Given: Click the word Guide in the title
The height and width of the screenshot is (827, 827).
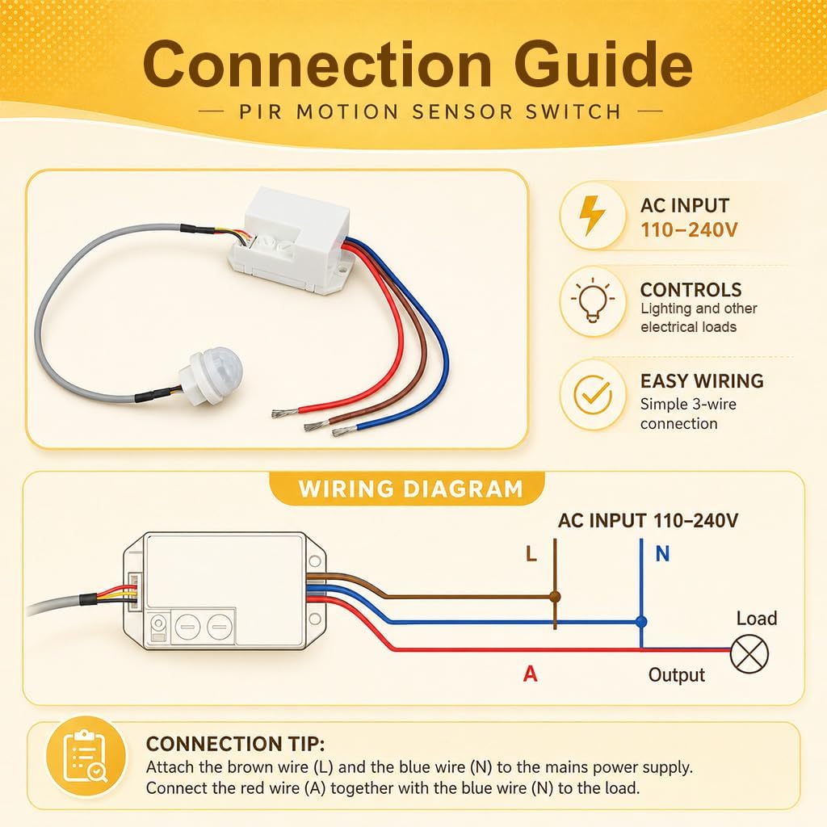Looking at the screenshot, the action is (602, 65).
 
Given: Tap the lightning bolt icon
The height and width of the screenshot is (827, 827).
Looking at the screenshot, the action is (592, 215).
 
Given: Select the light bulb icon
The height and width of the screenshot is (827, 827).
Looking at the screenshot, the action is (592, 300).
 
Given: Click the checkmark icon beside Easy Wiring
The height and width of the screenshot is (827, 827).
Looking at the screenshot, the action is (593, 394).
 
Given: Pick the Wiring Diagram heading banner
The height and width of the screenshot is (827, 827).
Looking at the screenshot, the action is (407, 489).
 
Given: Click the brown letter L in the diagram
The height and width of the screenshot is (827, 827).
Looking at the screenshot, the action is (531, 554).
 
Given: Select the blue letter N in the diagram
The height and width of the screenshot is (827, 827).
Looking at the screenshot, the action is (662, 554).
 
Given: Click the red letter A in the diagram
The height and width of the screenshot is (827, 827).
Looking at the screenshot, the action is (530, 674).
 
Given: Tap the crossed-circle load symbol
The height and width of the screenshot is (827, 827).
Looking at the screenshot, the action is (749, 654).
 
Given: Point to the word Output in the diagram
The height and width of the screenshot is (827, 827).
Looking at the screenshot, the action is (676, 674).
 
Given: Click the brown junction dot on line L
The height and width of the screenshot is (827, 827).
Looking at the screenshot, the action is (555, 597).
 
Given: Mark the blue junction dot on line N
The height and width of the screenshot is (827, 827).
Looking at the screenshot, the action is (641, 622).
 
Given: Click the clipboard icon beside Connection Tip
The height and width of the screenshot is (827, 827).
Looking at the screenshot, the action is (86, 756).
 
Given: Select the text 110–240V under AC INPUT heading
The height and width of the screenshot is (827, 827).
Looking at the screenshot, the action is (689, 230).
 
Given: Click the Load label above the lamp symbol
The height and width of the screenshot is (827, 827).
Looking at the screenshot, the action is (756, 618).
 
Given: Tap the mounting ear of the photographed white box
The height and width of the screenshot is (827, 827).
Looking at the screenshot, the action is (341, 269).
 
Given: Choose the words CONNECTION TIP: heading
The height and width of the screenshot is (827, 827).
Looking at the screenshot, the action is (235, 744).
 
